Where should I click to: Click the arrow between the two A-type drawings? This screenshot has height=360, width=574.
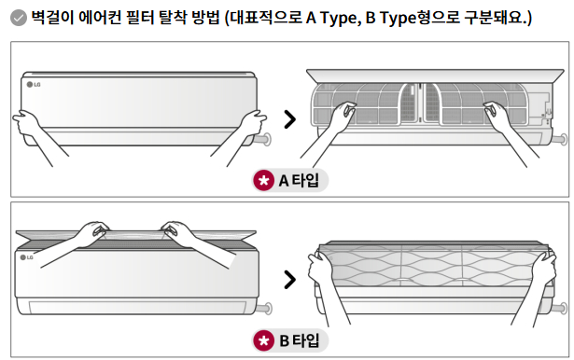[290, 118]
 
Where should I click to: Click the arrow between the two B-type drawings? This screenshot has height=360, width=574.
[290, 279]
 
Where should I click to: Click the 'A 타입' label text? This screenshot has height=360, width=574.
[299, 180]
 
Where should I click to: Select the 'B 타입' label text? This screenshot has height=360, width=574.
[299, 340]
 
